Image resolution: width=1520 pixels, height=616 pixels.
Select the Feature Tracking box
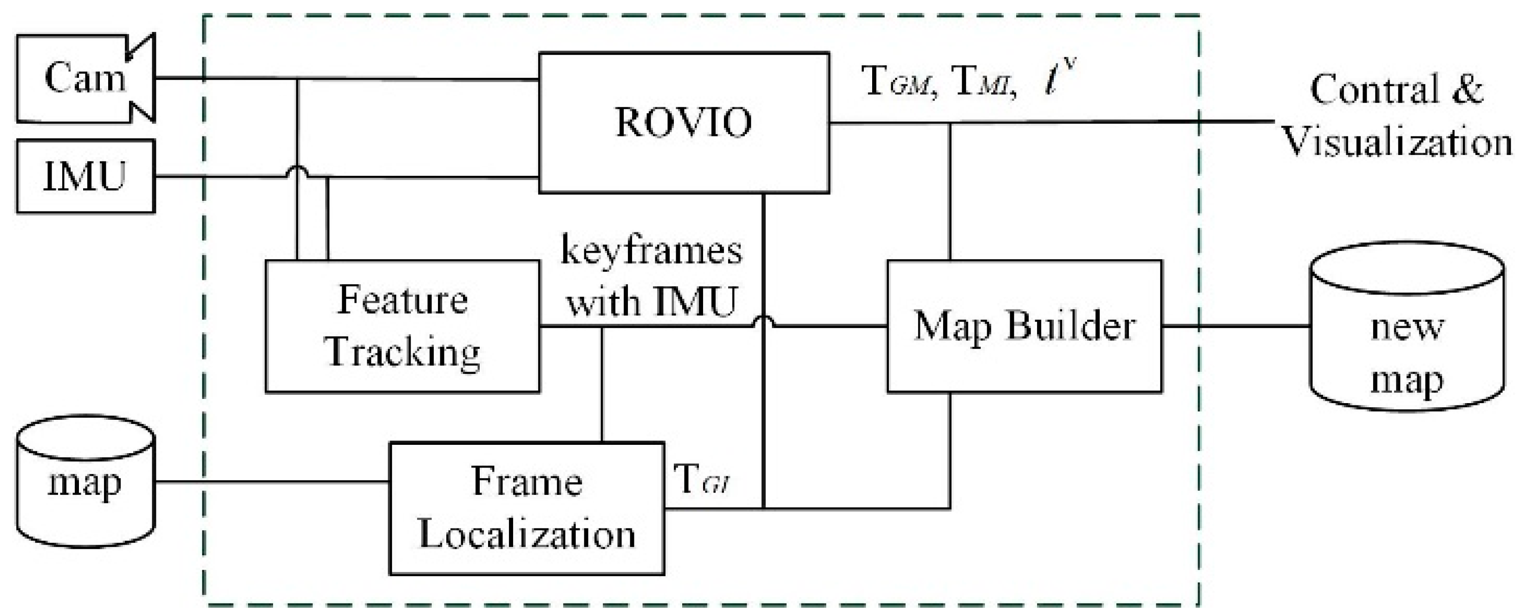pos(403,326)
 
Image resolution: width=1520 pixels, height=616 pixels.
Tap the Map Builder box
pos(1024,326)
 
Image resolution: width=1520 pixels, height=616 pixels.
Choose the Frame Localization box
pos(526,508)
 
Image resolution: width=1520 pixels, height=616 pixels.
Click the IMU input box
pos(85,176)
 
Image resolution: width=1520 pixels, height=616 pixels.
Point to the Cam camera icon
pos(85,78)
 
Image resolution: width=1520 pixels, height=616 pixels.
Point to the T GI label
pos(702,481)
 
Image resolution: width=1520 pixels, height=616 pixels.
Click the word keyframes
pos(651,250)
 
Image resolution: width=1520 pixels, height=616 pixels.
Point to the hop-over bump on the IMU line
pos(297,171)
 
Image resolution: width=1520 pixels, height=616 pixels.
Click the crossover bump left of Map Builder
pos(763,321)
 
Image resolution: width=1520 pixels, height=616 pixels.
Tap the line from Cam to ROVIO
pos(413,78)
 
